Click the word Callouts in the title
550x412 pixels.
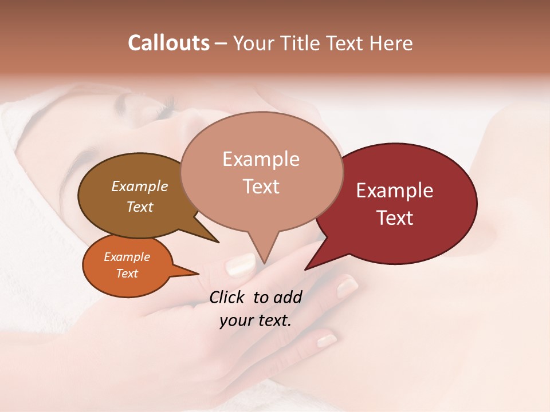pos(168,43)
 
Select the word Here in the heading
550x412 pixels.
pos(391,43)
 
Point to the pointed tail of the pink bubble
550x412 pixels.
pos(264,255)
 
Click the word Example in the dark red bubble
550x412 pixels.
pos(395,191)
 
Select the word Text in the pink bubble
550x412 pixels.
pos(261,187)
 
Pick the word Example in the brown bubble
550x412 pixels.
pos(139,186)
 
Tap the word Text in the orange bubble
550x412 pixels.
pos(127,274)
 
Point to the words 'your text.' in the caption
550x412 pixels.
pos(256,320)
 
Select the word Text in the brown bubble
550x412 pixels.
pos(139,207)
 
